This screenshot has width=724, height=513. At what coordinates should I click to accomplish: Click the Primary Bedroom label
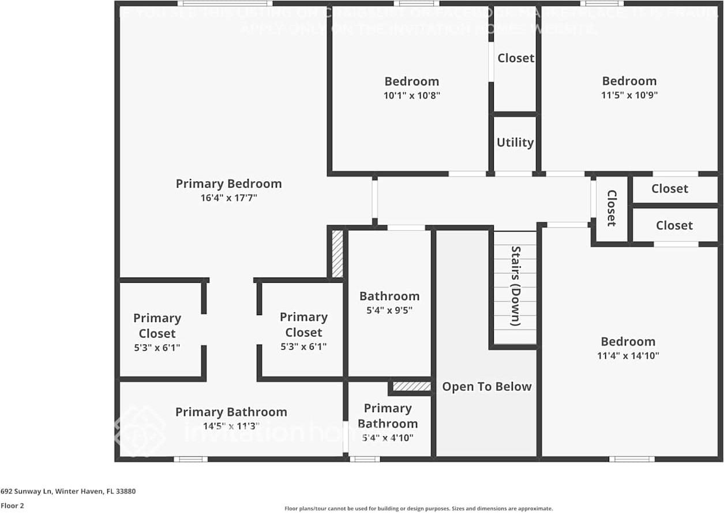pos(228,184)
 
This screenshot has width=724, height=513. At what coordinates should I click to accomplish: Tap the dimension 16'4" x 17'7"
pos(228,198)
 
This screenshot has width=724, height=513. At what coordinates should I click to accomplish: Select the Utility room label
pos(515,143)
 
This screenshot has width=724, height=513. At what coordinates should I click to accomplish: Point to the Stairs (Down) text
pos(516,286)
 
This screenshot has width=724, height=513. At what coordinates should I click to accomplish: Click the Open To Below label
pos(487,387)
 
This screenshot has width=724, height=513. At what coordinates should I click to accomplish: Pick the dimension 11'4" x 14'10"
pos(628,356)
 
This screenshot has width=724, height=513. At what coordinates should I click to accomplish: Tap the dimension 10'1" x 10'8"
pos(412,96)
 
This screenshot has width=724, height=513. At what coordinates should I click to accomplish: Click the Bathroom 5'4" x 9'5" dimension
pos(389,310)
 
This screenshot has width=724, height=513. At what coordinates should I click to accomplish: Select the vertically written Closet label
pos(612,208)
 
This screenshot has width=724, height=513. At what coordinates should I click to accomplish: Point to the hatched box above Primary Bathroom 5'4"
pos(412,386)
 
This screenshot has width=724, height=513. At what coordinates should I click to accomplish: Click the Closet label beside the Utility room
pos(516,58)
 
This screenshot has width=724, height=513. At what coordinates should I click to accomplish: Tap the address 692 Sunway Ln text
pos(68,492)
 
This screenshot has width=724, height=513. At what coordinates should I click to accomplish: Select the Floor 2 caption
pos(12,505)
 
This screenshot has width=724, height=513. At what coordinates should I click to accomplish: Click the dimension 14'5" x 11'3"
pos(231,426)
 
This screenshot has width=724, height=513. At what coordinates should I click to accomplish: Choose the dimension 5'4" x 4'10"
pos(388,438)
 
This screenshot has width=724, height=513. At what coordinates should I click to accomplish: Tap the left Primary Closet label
pos(157,325)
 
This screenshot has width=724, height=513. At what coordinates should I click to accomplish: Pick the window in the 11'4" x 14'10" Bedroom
pos(632,459)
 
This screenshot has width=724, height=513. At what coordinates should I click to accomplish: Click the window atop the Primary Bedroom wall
pos(225,3)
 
